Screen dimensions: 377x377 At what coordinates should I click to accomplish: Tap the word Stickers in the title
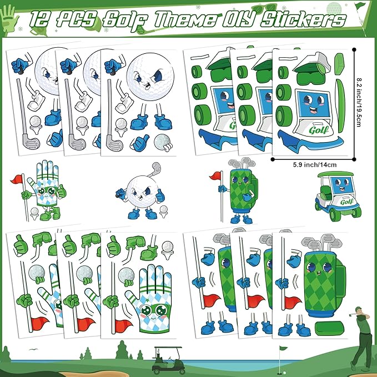point(303,20)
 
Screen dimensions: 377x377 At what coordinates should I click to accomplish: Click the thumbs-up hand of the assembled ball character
point(160,195)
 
